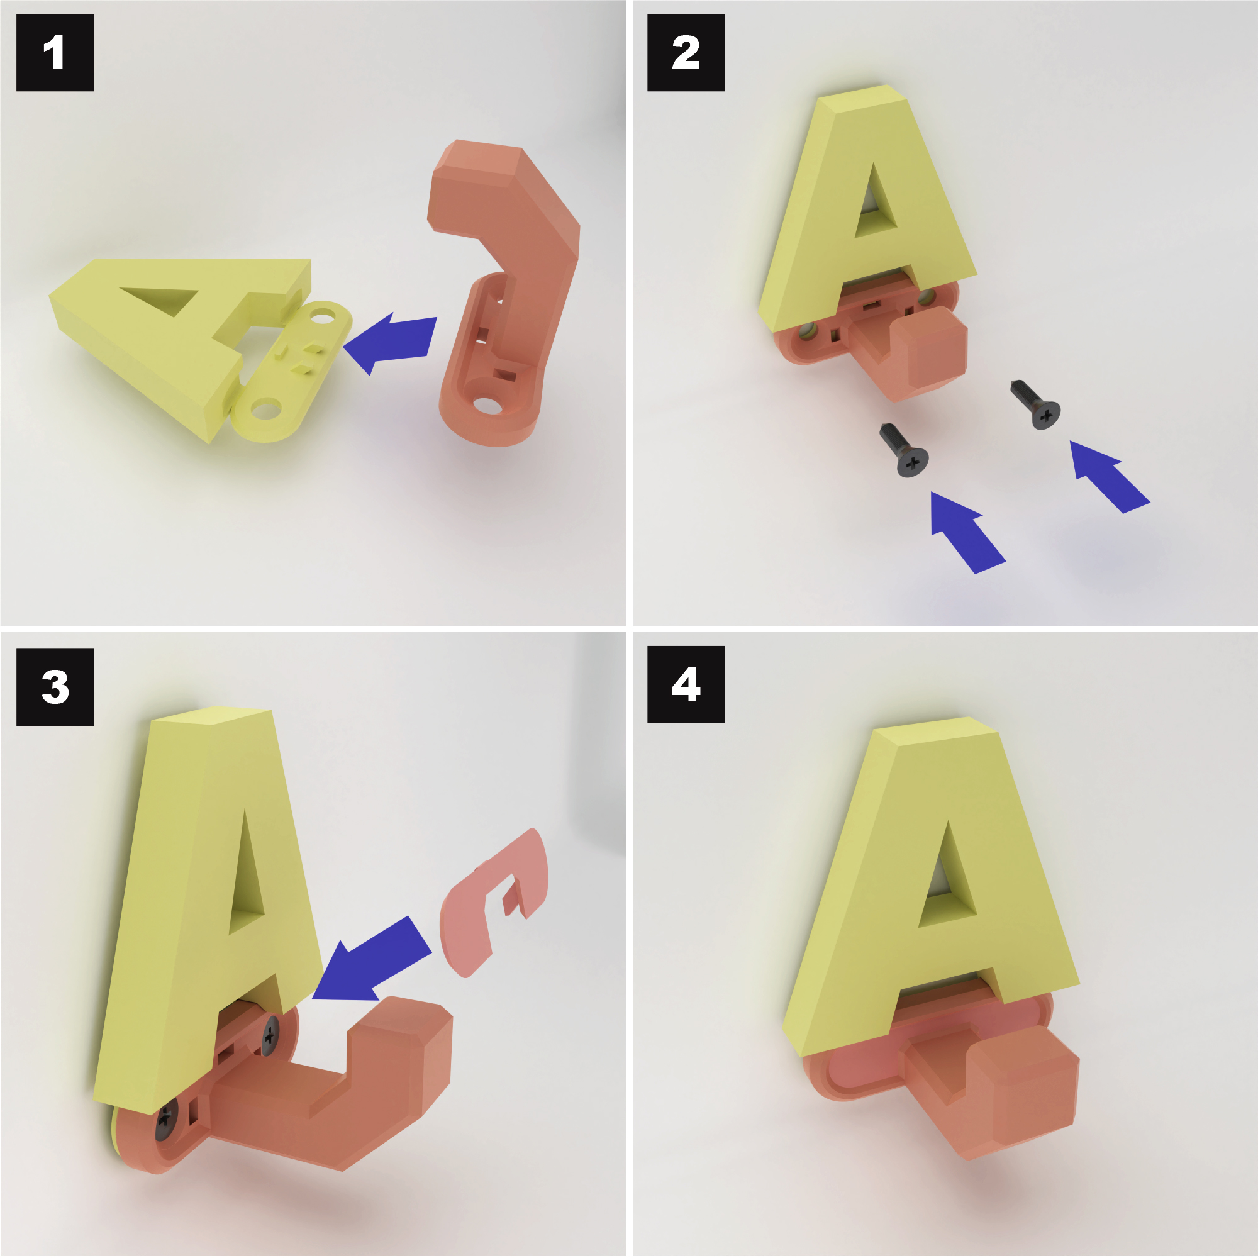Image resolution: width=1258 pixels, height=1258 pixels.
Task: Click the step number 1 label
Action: pyautogui.click(x=55, y=53)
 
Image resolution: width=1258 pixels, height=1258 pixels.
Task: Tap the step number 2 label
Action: pyautogui.click(x=686, y=53)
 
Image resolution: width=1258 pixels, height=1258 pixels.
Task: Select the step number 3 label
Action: pyautogui.click(x=55, y=687)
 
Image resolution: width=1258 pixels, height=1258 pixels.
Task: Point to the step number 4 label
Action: pyautogui.click(x=686, y=685)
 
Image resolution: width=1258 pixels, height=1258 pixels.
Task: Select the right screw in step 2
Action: pyautogui.click(x=1035, y=405)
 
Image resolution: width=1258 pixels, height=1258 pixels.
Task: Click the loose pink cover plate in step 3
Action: pyautogui.click(x=494, y=903)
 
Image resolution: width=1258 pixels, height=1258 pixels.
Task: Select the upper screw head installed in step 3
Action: pyautogui.click(x=270, y=1035)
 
